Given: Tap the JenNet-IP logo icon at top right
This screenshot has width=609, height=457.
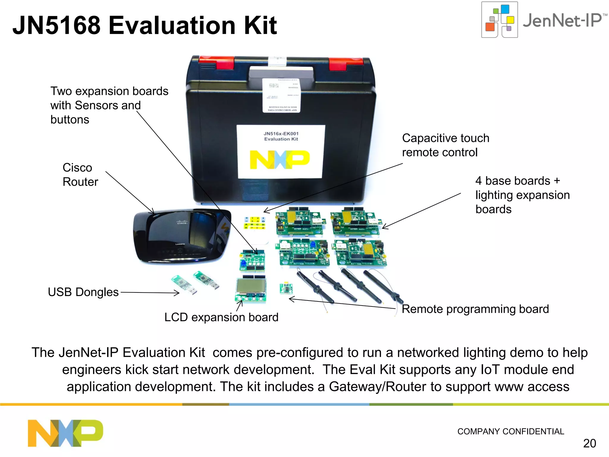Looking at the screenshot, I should click(x=500, y=20).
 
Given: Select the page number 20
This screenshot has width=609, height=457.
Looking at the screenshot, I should click(x=589, y=443).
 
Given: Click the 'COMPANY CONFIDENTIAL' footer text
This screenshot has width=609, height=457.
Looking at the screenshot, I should click(x=511, y=431).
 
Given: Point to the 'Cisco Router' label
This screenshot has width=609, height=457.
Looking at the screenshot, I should click(x=80, y=175).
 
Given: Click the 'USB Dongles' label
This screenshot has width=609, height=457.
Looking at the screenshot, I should click(x=83, y=292).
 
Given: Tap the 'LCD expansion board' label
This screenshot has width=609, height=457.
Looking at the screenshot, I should click(x=221, y=317).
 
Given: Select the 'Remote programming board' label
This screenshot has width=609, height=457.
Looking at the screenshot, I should click(x=475, y=309).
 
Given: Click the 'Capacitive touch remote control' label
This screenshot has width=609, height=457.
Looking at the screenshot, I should click(x=445, y=145).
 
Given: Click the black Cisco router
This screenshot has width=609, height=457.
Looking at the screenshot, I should click(x=181, y=237).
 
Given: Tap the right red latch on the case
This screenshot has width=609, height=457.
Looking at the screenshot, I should click(x=346, y=63).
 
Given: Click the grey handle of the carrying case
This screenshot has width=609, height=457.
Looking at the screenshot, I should click(x=281, y=73).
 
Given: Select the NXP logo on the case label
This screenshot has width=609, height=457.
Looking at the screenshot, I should click(x=280, y=159).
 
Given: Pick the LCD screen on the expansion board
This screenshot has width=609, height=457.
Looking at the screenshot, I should click(x=251, y=286).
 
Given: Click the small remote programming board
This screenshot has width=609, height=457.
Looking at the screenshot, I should click(x=286, y=288).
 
